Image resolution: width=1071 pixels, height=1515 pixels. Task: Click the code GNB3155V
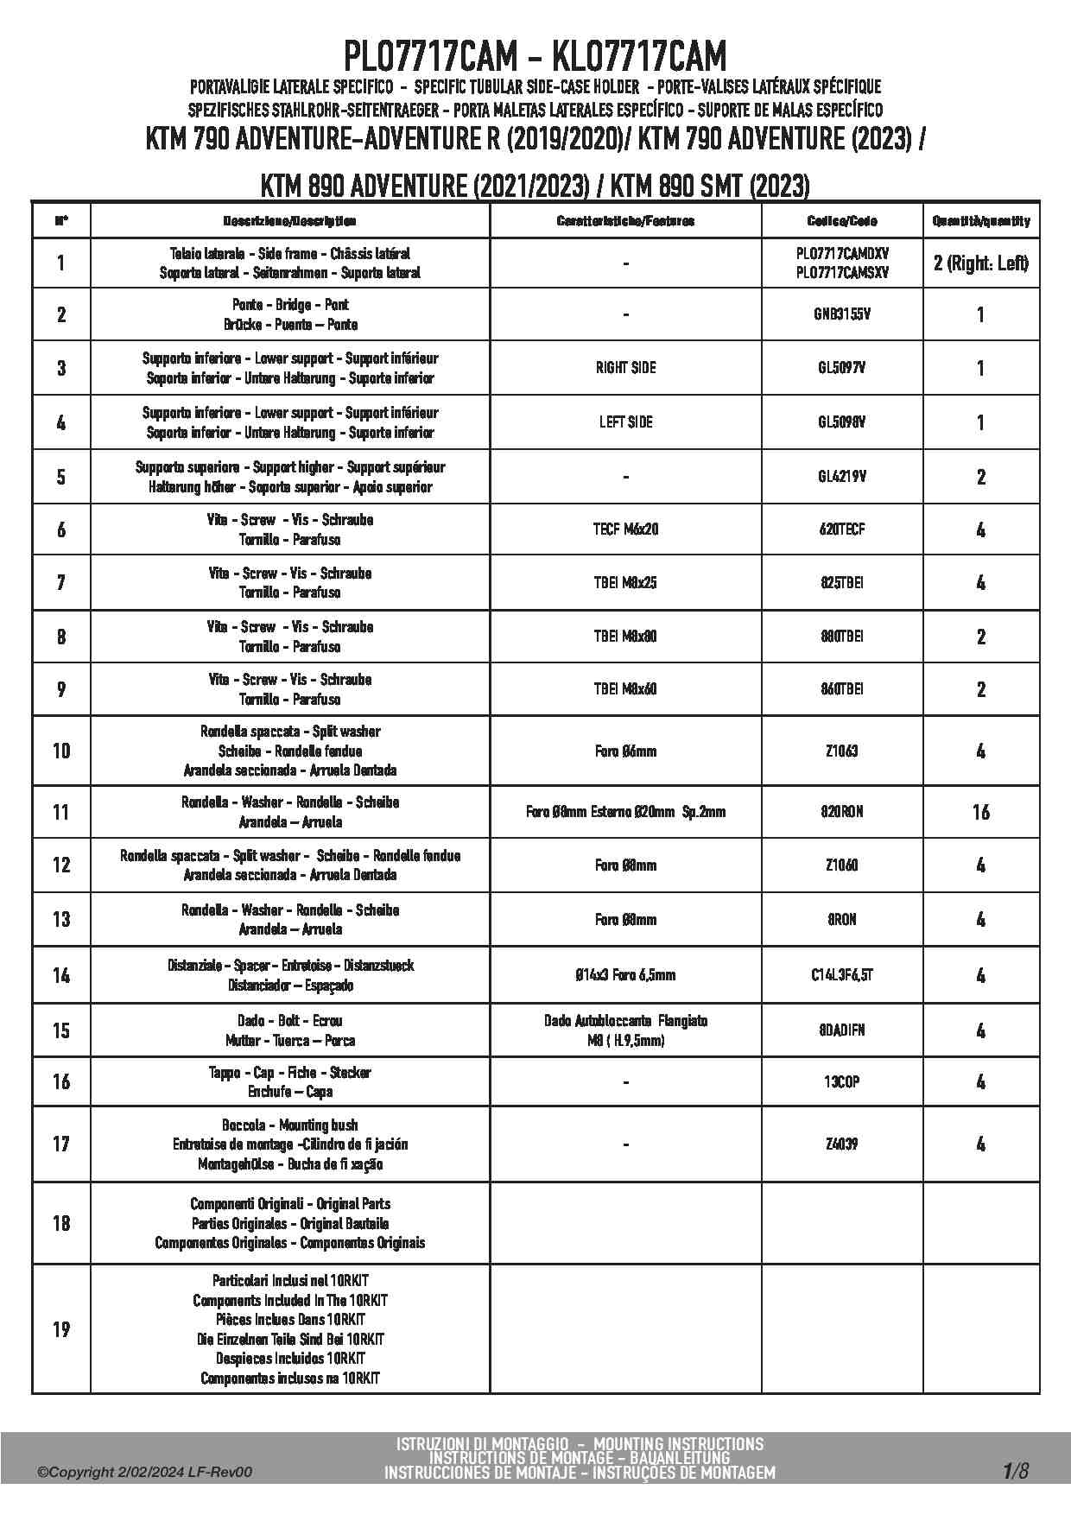(x=842, y=314)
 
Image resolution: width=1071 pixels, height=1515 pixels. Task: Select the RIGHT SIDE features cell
(x=625, y=368)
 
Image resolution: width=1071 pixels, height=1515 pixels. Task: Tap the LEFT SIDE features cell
(x=625, y=422)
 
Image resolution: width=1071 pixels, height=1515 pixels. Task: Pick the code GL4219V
(x=842, y=477)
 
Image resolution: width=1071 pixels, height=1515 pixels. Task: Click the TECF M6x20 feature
(x=625, y=529)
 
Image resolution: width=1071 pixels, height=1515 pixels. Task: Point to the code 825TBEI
(x=842, y=583)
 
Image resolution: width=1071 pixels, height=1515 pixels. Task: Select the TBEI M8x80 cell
(x=625, y=637)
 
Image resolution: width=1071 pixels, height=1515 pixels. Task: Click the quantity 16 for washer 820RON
(x=980, y=812)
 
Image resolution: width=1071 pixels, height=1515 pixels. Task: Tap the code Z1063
(x=842, y=751)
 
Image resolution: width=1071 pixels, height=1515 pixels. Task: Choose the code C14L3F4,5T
(x=842, y=975)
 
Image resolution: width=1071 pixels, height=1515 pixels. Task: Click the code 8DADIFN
(x=842, y=1030)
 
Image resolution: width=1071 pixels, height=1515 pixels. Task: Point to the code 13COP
(x=842, y=1081)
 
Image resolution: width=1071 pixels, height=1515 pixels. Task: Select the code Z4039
(x=842, y=1144)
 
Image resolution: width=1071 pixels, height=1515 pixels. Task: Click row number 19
(x=61, y=1329)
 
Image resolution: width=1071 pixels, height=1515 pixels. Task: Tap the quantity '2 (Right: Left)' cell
(x=980, y=263)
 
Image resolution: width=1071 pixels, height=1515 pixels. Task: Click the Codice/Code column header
(x=842, y=221)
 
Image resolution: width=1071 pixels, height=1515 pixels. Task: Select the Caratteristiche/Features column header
(x=625, y=221)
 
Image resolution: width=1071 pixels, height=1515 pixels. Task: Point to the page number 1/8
(x=1016, y=1470)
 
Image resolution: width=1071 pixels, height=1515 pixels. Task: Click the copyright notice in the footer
(x=145, y=1473)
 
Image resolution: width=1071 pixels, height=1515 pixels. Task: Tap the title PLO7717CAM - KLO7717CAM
(x=535, y=57)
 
